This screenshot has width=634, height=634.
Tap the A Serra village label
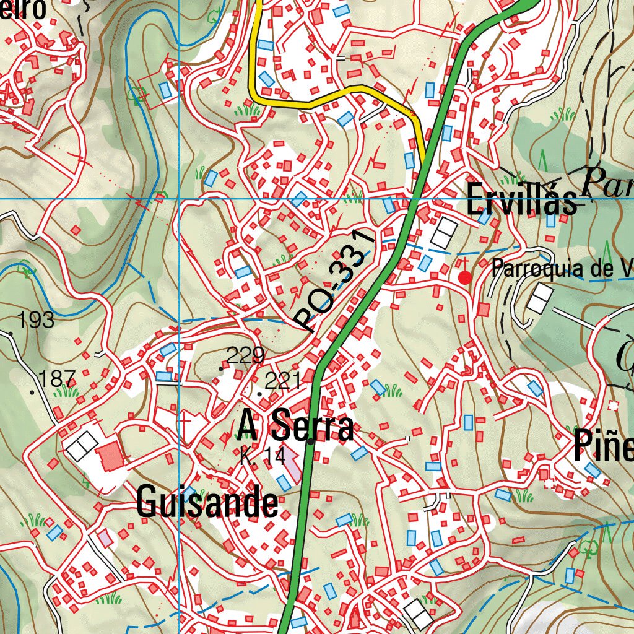tap(296, 427)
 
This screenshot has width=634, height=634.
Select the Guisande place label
tap(207, 502)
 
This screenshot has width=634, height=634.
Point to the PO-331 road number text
tap(335, 280)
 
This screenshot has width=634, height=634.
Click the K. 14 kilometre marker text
tap(263, 457)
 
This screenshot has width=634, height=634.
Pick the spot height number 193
tap(36, 320)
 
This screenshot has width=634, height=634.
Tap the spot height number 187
tap(57, 378)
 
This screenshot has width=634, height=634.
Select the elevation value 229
tap(245, 355)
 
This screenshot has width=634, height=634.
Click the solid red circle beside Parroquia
tap(464, 278)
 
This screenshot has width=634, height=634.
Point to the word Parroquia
tap(536, 269)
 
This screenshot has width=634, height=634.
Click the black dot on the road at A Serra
tap(311, 441)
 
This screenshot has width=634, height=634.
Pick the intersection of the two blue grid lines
tap(179, 199)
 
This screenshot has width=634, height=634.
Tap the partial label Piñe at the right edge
tap(603, 446)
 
